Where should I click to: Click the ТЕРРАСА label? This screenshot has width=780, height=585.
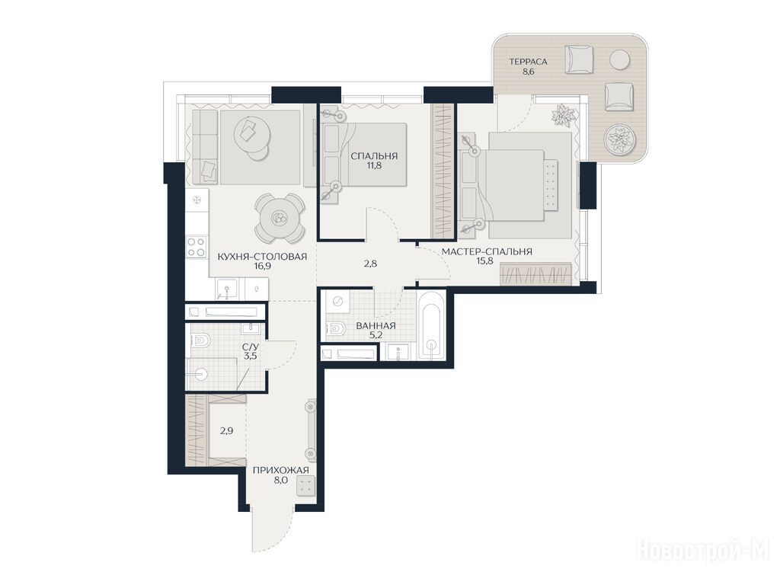pyautogui.click(x=528, y=62)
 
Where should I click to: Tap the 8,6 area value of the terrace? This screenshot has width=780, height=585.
pyautogui.click(x=528, y=72)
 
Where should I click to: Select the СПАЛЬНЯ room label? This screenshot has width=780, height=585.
pyautogui.click(x=374, y=156)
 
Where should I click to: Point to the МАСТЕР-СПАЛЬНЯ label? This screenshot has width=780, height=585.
pyautogui.click(x=487, y=251)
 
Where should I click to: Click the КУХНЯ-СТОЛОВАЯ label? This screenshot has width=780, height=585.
pyautogui.click(x=262, y=257)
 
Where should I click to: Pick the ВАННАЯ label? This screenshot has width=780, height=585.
pyautogui.click(x=376, y=326)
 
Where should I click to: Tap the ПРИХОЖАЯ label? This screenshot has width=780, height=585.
pyautogui.click(x=280, y=471)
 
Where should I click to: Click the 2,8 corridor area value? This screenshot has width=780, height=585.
pyautogui.click(x=371, y=264)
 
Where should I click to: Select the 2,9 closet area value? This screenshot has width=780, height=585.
pyautogui.click(x=226, y=431)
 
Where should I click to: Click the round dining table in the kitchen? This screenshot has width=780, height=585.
pyautogui.click(x=279, y=218)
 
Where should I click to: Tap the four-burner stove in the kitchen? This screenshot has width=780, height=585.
pyautogui.click(x=197, y=247)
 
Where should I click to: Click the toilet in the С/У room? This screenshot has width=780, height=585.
pyautogui.click(x=200, y=340)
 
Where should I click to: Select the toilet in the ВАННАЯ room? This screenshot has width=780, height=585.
pyautogui.click(x=337, y=328)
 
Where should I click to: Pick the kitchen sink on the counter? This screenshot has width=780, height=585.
pyautogui.click(x=227, y=289)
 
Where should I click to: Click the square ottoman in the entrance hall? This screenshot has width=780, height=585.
pyautogui.click(x=306, y=486)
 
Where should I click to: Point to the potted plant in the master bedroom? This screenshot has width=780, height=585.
pyautogui.click(x=563, y=116)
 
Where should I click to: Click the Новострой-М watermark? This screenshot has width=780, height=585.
pyautogui.click(x=703, y=551)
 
